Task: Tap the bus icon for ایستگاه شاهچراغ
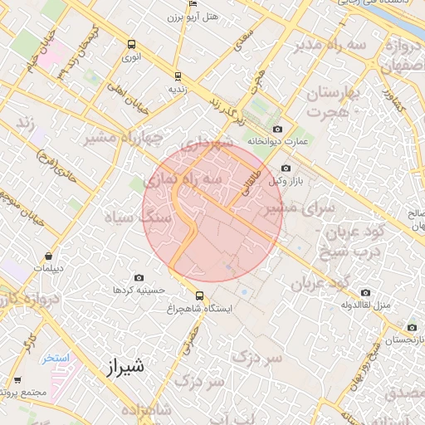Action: pyautogui.click(x=198, y=296)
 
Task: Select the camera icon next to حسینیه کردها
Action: pyautogui.click(x=139, y=278)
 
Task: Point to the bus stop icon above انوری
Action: pyautogui.click(x=131, y=45)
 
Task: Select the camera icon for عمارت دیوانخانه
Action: pyautogui.click(x=277, y=129)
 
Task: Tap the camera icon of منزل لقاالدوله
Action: pyautogui.click(x=366, y=292)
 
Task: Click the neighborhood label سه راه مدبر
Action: pyautogui.click(x=329, y=44)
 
